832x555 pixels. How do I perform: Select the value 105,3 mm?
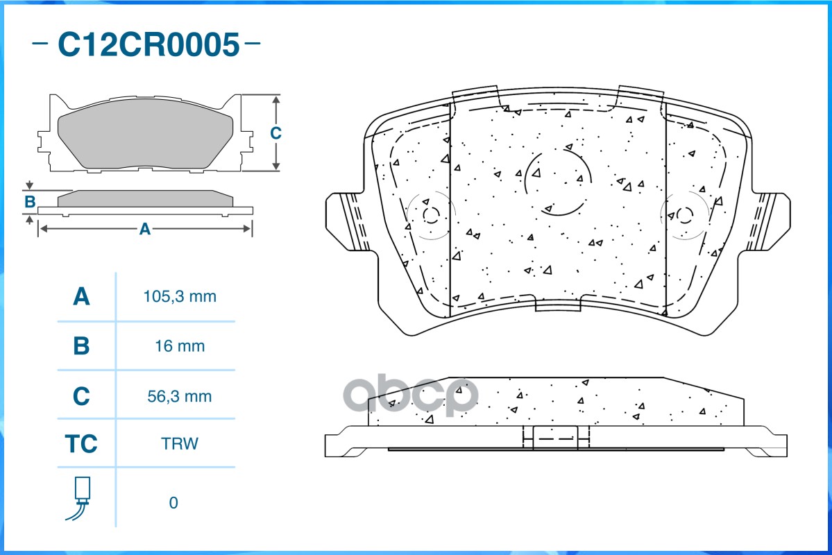pos(180,297)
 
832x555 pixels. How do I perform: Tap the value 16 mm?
pos(180,345)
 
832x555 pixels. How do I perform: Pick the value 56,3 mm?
pos(180,396)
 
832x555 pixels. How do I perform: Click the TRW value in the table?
pos(180,444)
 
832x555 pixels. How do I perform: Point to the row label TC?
pos(81,444)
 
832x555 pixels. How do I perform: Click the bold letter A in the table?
pos(81,297)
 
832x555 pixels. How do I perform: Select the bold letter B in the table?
pos(81,345)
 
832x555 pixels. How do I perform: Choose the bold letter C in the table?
pos(81,396)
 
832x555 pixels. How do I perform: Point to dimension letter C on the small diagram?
pos(275,133)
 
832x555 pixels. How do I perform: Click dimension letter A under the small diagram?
pos(144,229)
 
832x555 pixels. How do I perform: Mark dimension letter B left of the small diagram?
pos(30,203)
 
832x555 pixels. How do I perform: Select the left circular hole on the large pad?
pos(430,215)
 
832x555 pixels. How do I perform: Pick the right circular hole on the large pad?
pos(685,214)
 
